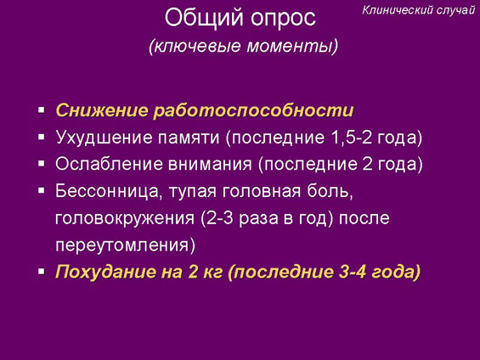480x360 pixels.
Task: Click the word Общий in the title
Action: [204, 18]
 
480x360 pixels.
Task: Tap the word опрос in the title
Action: [283, 19]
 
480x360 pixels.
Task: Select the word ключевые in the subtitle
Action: [197, 47]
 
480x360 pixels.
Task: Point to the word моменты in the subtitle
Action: [290, 47]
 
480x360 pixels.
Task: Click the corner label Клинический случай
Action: [419, 10]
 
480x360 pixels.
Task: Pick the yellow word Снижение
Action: [102, 110]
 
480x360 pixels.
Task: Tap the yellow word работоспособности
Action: [253, 111]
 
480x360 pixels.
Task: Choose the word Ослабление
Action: [109, 164]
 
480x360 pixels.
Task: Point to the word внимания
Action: [210, 165]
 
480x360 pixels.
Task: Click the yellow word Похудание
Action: [105, 272]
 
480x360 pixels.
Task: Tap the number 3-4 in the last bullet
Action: [353, 272]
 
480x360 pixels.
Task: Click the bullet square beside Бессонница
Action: [42, 191]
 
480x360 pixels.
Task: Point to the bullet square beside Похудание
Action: [42, 272]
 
